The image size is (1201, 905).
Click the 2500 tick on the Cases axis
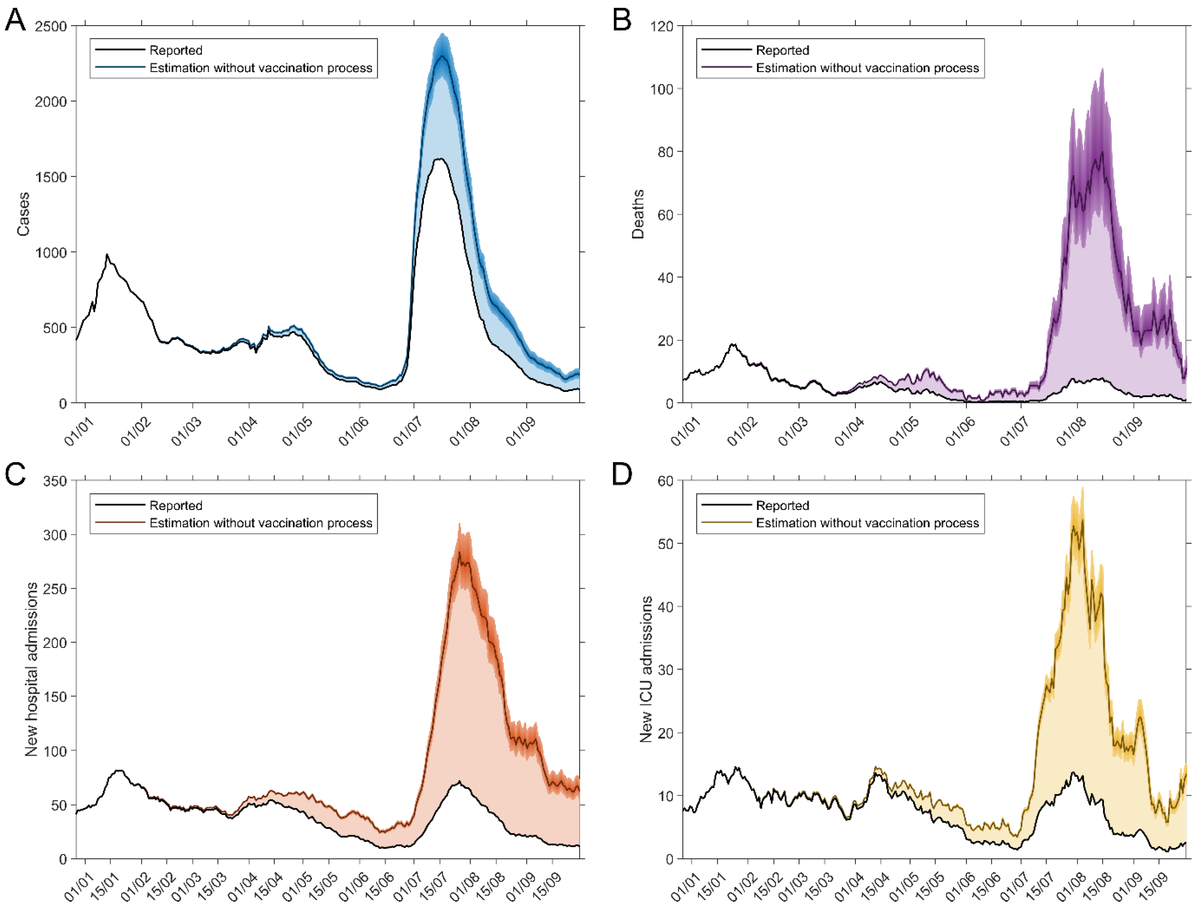pos(51,26)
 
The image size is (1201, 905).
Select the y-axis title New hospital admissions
pos(31,669)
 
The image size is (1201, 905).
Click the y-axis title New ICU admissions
pos(646,669)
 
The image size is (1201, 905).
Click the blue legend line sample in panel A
pos(120,67)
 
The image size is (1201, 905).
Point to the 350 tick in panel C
pos(55,481)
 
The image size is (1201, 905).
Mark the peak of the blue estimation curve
pos(442,56)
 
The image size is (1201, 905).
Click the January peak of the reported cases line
pos(107,254)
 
